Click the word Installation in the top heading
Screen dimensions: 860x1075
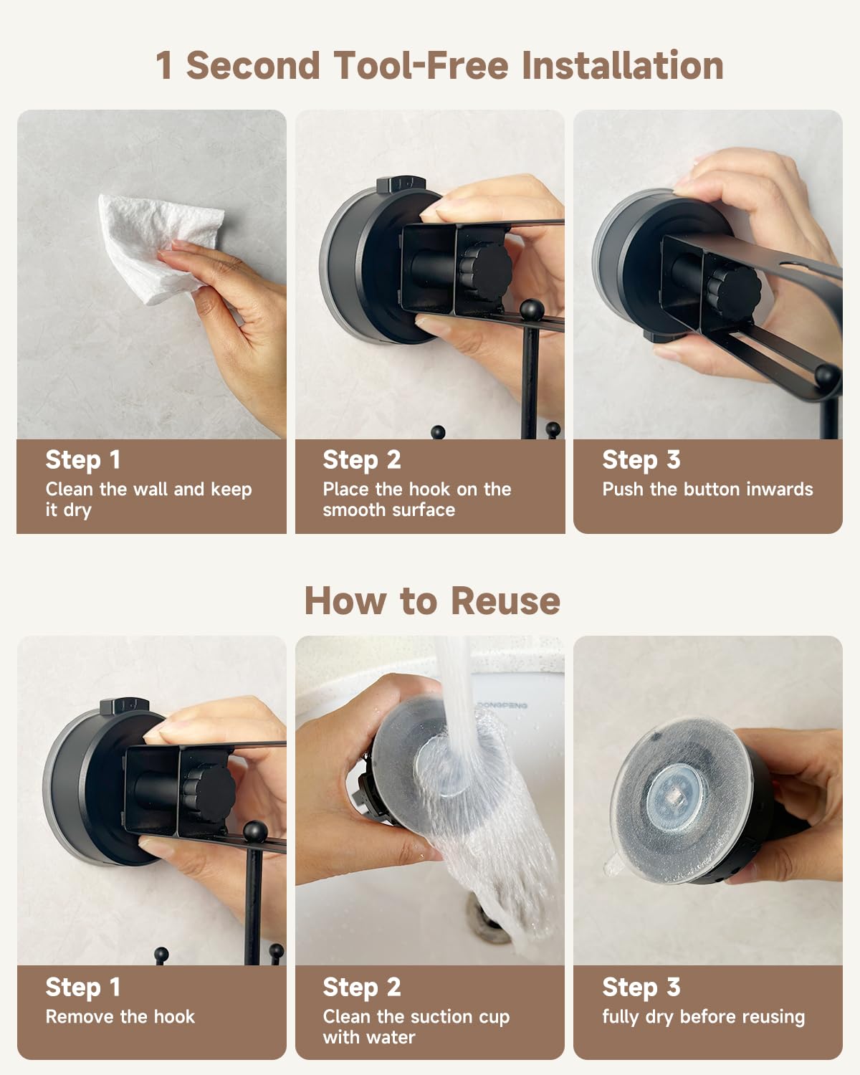pyautogui.click(x=623, y=65)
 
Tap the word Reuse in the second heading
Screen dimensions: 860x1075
pyautogui.click(x=506, y=601)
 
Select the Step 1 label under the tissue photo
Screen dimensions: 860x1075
pyautogui.click(x=82, y=460)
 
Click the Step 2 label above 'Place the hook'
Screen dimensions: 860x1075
pyautogui.click(x=362, y=460)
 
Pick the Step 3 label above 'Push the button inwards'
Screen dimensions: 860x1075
pyautogui.click(x=641, y=460)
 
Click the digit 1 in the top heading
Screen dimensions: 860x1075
pyautogui.click(x=164, y=65)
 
